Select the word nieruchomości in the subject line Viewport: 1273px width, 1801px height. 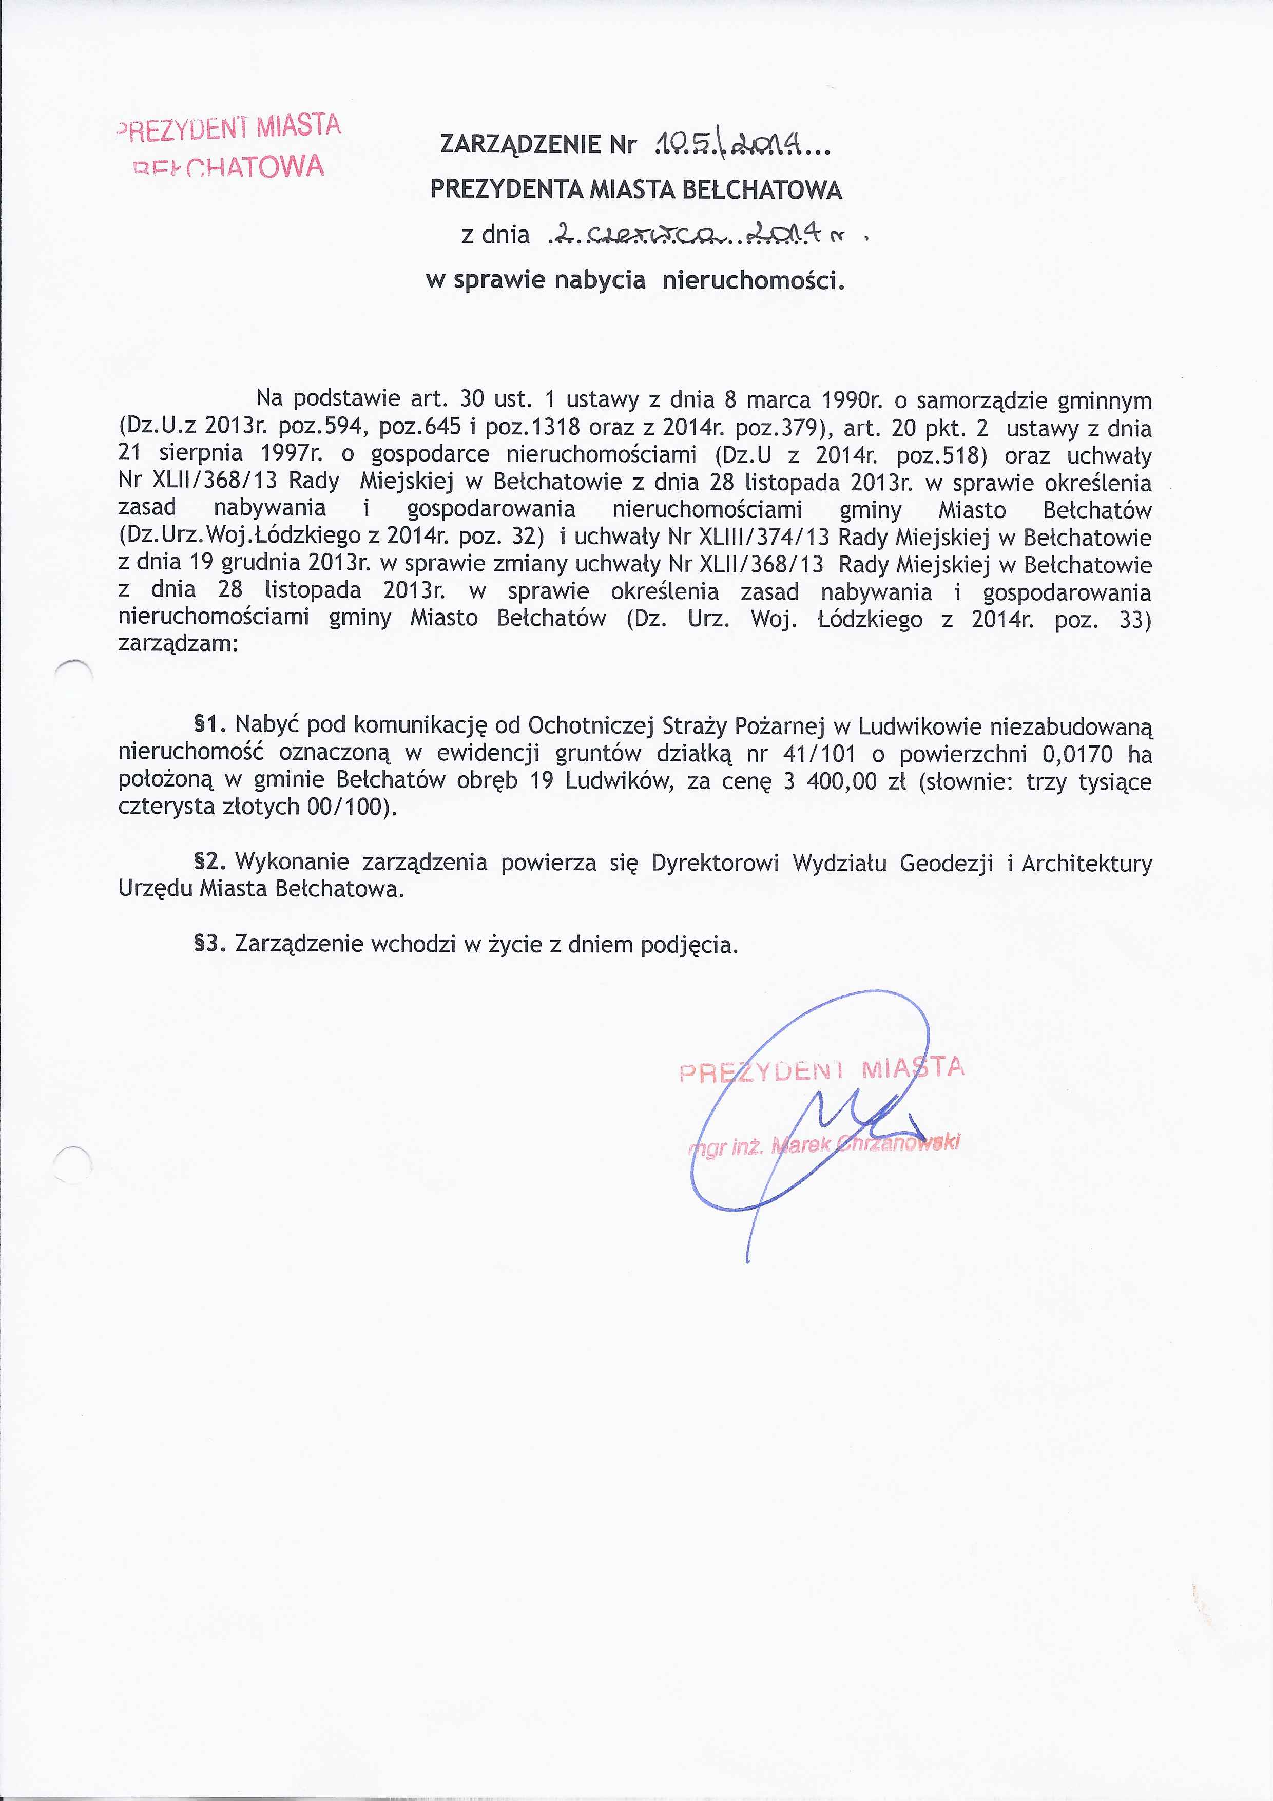pos(753,280)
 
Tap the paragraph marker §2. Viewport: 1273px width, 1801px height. pos(210,862)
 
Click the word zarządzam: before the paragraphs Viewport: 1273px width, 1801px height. pos(177,645)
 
